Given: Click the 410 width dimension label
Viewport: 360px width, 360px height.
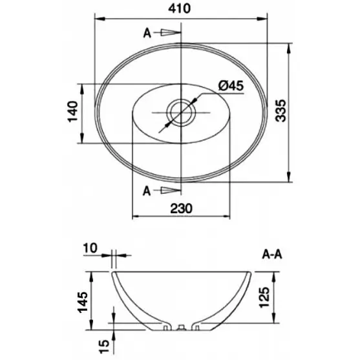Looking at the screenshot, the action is point(179,8).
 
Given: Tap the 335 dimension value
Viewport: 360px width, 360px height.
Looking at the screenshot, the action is point(281,111).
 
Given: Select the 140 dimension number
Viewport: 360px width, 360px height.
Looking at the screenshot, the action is point(73,112).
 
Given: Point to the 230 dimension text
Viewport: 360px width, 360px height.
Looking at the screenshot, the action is point(181,209).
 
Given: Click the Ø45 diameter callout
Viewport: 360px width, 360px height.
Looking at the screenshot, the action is point(231,86).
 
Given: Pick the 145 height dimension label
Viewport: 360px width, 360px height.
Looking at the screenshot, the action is point(83,302).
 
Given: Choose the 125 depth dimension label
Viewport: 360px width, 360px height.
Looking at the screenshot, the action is point(264,297).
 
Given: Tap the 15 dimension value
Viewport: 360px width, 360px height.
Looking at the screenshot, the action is point(104,346).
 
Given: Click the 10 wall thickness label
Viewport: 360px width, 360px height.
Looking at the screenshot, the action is point(90,248).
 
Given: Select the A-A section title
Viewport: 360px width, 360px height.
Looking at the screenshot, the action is point(272,255).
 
